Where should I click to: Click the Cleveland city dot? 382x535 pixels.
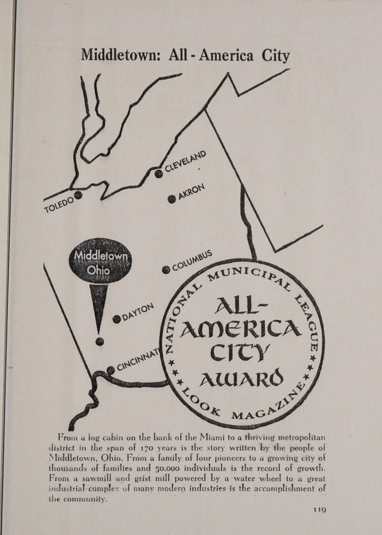point(158,174)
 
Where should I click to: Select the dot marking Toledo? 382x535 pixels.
point(78,195)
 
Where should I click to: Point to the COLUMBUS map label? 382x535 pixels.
point(192,260)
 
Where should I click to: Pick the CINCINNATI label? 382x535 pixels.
point(137,360)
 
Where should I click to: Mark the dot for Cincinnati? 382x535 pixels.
point(110,370)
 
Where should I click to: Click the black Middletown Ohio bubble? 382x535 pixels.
point(101,263)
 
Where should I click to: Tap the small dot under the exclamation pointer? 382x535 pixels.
point(100,342)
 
